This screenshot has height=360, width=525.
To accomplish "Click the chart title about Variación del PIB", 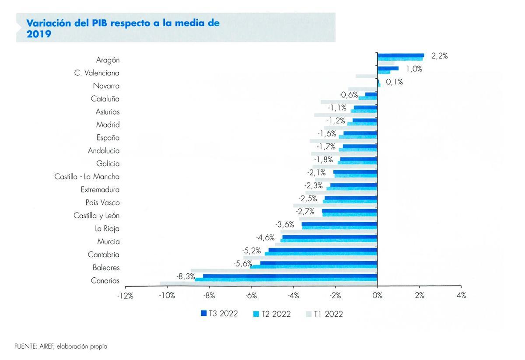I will [x=123, y=28].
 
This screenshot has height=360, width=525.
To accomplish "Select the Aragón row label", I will [x=108, y=60].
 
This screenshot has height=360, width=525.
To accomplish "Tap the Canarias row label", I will [x=105, y=281].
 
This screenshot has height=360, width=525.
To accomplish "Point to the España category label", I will [x=108, y=138].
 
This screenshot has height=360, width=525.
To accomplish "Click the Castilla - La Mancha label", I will [x=87, y=177].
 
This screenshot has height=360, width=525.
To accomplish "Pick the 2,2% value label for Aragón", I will [x=439, y=56].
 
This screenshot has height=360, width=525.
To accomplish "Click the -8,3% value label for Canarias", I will [x=185, y=276].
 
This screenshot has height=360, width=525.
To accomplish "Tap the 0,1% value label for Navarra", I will [x=394, y=82].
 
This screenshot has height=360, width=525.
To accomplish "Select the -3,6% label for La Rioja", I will [x=284, y=224].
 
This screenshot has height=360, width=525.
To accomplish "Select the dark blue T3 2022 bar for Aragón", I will [x=400, y=56].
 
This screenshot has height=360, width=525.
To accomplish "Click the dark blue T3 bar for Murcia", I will [x=329, y=237].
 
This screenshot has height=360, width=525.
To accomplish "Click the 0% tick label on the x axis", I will [x=377, y=296].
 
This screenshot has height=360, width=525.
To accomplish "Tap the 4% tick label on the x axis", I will [x=461, y=296].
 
